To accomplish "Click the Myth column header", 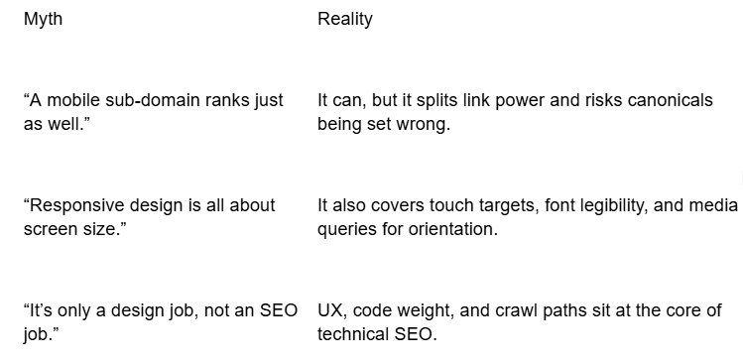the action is tap(43, 19).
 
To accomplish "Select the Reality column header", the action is tap(344, 19).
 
